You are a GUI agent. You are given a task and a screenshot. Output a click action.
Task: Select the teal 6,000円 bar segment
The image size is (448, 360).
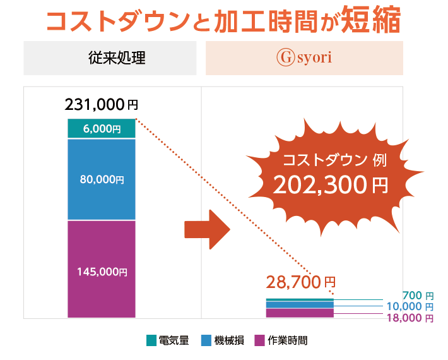pos(102,128)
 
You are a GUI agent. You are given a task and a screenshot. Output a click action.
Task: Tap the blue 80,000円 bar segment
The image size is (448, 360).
pos(102,179)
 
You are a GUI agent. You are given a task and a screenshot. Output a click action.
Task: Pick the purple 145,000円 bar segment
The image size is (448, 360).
pos(102,272)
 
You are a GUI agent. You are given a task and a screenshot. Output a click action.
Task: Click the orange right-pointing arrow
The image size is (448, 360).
pos(205,229)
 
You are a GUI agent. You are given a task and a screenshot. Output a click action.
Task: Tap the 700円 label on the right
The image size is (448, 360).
pos(418,295)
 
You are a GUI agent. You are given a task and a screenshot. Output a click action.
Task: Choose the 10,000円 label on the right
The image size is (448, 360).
pos(410,306)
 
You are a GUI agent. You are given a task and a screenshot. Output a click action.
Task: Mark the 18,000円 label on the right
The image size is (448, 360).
pos(410,318)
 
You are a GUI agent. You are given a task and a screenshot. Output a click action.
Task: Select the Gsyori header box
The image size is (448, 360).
pos(304,58)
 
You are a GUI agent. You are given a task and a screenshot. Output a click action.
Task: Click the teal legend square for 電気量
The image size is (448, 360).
pos(151,340)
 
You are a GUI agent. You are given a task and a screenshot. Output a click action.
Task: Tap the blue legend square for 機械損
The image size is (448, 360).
pos(206,340)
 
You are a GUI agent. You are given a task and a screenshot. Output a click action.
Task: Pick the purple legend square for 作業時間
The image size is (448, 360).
pos(259,340)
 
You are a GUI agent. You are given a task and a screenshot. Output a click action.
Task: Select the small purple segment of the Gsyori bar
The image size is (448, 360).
pos(300,313)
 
